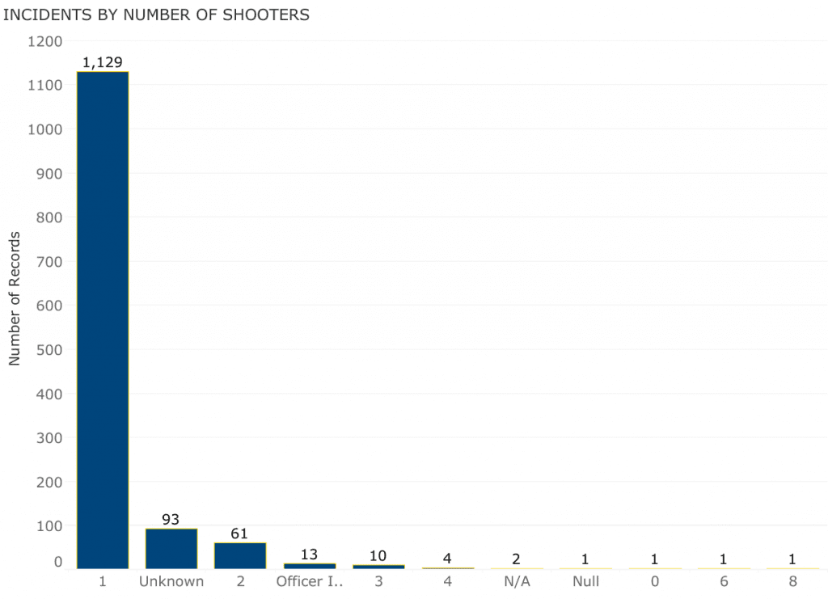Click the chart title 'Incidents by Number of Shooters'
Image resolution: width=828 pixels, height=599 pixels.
point(156,15)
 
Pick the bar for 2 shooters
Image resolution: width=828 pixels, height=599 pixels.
point(240,555)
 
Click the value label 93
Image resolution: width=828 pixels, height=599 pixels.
point(171,519)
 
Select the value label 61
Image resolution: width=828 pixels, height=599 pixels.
point(239,534)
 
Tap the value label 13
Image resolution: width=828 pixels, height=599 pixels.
point(309,554)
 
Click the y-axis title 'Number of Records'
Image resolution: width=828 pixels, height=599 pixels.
point(15,299)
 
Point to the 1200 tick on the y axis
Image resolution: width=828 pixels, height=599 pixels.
point(45,41)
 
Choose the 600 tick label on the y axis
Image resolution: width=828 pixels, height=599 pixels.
point(49,306)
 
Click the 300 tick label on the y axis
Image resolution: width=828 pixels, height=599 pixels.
point(49,438)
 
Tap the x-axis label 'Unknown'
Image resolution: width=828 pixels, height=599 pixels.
point(171,582)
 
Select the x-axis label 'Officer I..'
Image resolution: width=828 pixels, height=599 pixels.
point(310,582)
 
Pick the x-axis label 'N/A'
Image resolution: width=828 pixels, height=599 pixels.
point(517,582)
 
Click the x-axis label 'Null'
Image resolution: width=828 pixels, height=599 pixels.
point(585,582)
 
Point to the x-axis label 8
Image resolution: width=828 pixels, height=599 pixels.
point(792,582)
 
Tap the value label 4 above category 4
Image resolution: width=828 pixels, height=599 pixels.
point(447,559)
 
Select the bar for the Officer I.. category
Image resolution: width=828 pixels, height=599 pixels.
point(309,566)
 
